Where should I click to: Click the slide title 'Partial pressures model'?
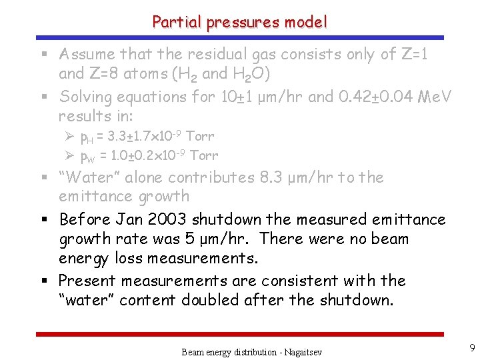(x=240, y=22)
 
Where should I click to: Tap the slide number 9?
(x=471, y=347)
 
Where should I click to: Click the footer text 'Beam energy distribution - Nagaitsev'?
(x=251, y=351)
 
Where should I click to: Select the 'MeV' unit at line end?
(x=434, y=97)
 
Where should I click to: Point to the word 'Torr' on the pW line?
(x=203, y=156)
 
